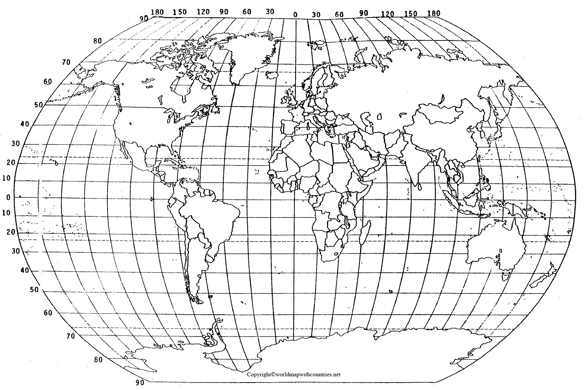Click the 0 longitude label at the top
click(295, 15)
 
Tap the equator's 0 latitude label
click(8, 197)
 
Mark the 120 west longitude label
click(203, 12)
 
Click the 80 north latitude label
click(97, 41)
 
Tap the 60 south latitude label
click(48, 313)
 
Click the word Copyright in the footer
click(259, 374)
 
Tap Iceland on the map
click(273, 75)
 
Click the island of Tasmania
click(505, 276)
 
